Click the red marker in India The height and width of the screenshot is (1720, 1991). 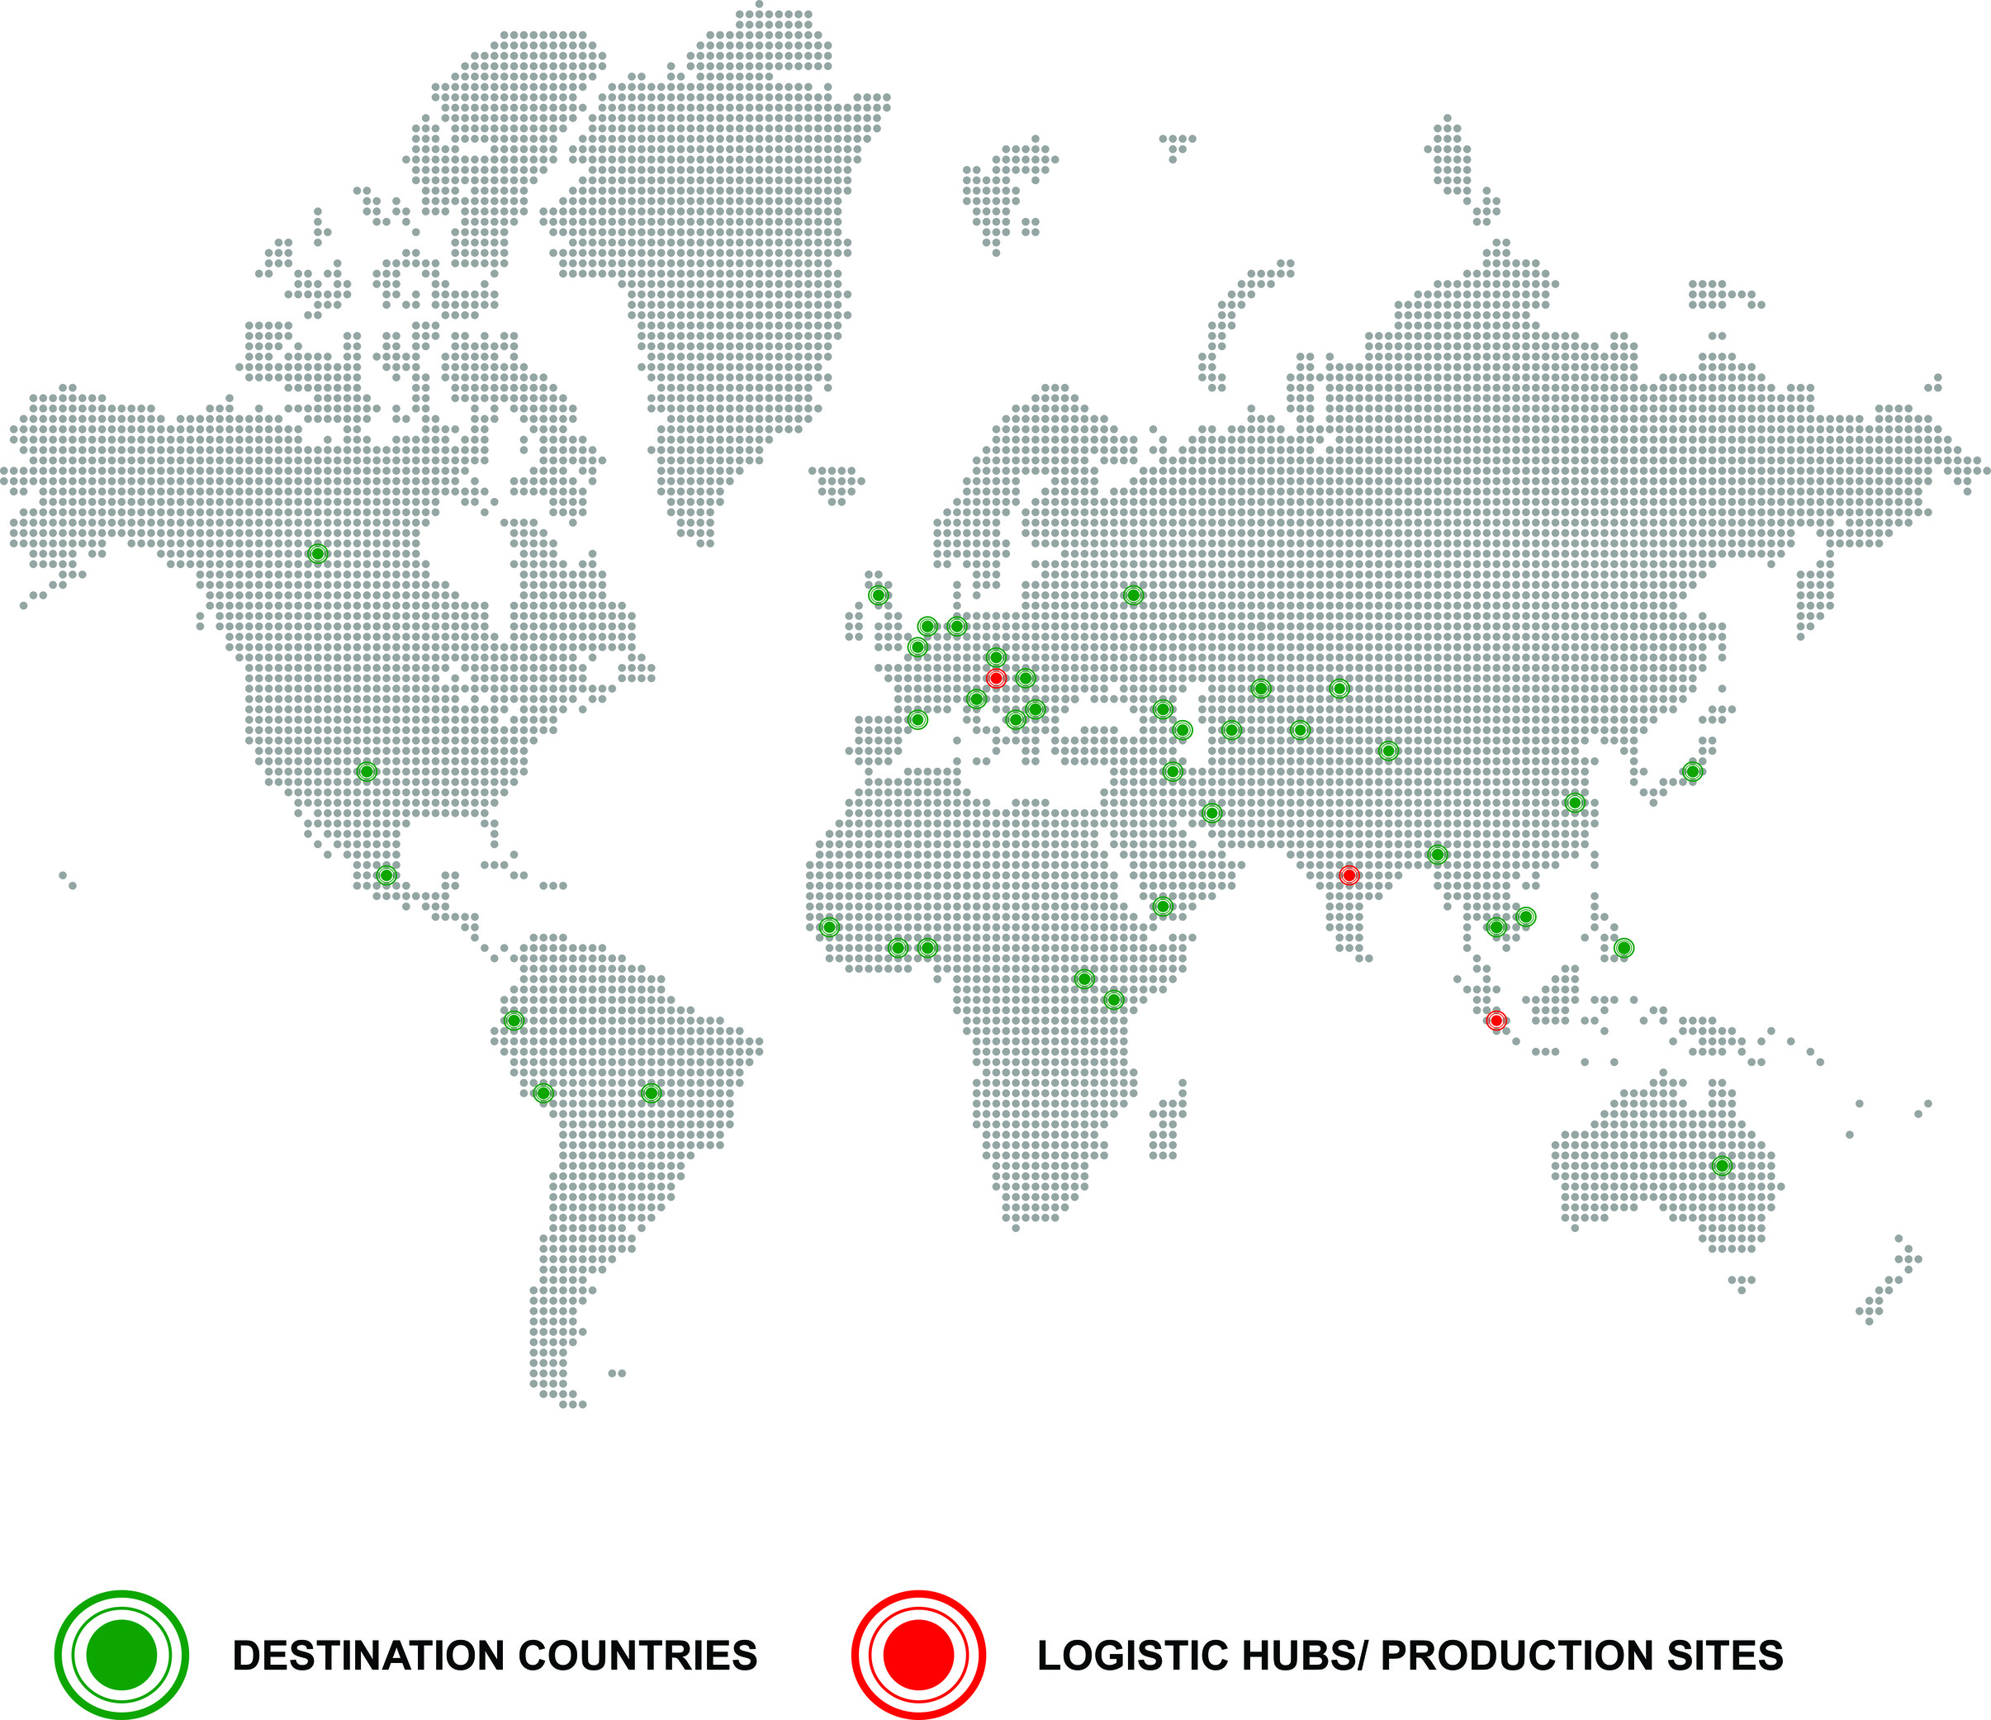1349,875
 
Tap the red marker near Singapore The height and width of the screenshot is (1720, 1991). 1496,1021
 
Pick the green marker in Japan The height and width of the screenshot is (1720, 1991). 1692,771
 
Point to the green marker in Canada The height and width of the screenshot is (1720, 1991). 317,553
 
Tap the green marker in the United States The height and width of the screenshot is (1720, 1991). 366,771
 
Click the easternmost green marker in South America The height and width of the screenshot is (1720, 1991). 651,1093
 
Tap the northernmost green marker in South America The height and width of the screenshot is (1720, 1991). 513,1021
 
